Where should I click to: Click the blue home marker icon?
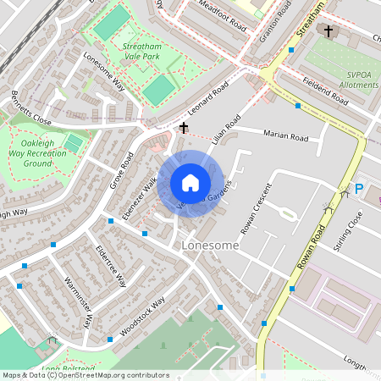pyautogui.click(x=190, y=183)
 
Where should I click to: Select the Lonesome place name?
pyautogui.click(x=210, y=245)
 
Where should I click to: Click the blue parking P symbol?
pyautogui.click(x=358, y=190)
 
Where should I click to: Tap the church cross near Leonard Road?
pyautogui.click(x=184, y=128)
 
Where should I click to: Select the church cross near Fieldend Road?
pyautogui.click(x=329, y=31)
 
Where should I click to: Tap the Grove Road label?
pyautogui.click(x=122, y=171)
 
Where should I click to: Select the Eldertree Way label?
pyautogui.click(x=111, y=267)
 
